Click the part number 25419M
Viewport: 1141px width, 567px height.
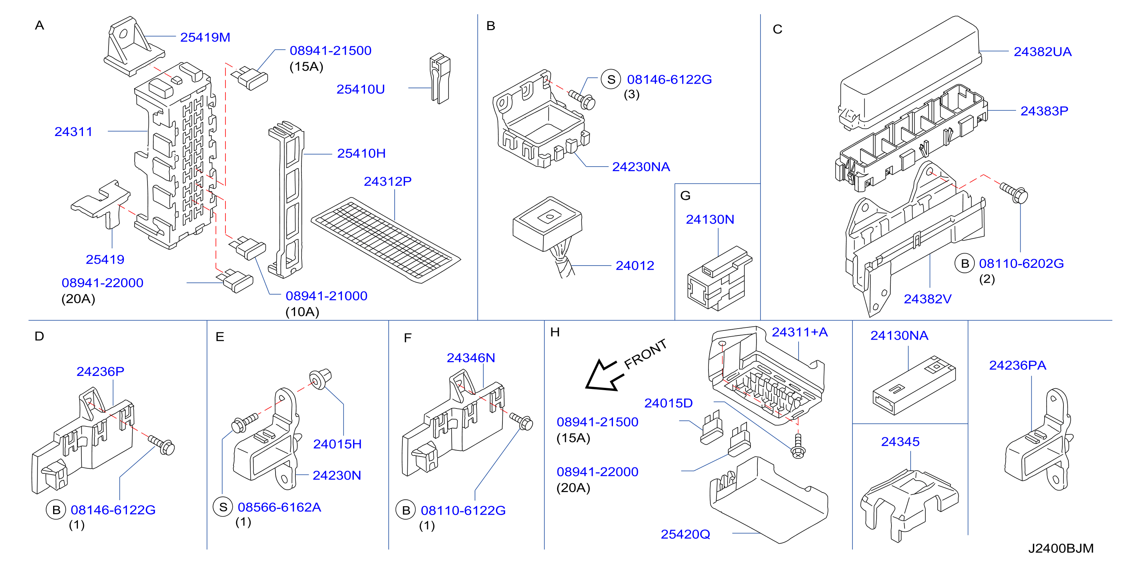pos(205,37)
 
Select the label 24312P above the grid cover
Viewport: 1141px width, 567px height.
pos(387,181)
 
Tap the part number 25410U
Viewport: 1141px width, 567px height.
pos(361,89)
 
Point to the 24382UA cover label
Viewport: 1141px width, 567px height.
pos(1043,52)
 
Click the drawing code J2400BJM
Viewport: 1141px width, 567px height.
pos(1061,548)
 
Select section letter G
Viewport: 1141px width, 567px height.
pos(685,195)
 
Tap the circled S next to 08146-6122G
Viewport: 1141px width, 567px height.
pos(611,80)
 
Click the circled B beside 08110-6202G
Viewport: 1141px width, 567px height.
pos(965,264)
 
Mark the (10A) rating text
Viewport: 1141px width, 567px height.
pos(302,312)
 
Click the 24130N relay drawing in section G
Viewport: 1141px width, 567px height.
pos(719,279)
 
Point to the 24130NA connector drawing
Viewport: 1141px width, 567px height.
pos(914,385)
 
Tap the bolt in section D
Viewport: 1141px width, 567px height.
pos(162,444)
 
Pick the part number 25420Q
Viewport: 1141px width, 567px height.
pos(685,534)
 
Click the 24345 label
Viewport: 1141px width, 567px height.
pos(900,442)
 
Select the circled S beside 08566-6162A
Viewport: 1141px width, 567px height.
pos(223,507)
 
